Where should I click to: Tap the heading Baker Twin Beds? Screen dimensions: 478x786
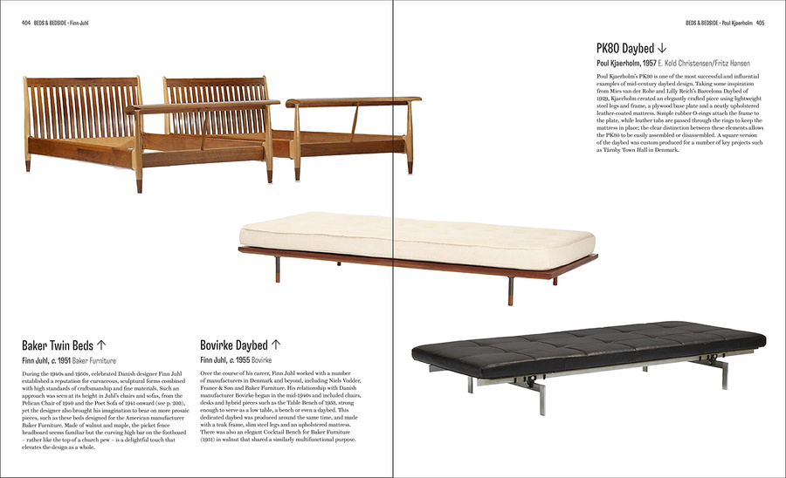click(x=58, y=345)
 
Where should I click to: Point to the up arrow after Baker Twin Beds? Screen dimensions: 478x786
click(x=101, y=345)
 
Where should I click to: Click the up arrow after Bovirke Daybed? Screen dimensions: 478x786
click(x=276, y=345)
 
